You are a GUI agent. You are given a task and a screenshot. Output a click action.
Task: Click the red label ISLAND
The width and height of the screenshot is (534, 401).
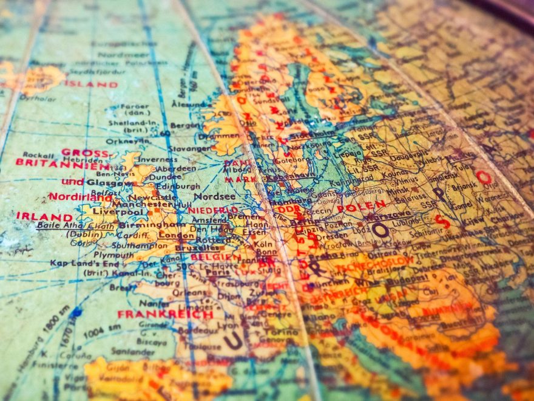coord(90,84)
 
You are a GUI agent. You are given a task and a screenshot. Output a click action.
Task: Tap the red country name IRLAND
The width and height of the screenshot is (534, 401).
coord(44,216)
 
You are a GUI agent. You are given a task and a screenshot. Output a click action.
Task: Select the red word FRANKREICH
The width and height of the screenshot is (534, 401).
coord(165,314)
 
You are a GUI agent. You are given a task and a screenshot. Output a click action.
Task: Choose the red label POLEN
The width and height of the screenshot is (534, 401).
coord(361,207)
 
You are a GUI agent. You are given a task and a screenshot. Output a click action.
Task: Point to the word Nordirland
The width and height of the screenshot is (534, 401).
coord(80,196)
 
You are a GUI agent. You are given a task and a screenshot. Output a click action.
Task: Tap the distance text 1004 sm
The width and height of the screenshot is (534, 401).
coord(99,332)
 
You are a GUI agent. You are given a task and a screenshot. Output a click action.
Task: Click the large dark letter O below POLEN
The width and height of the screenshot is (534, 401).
coord(380,229)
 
